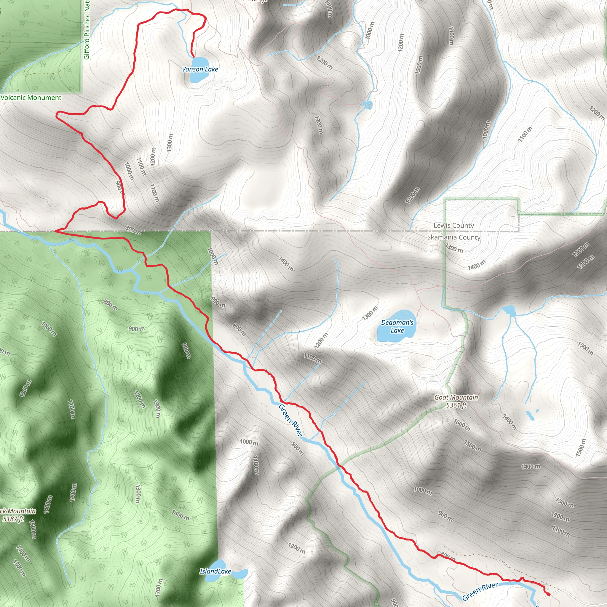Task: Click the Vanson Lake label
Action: [x=200, y=69]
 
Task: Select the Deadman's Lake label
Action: [x=397, y=326]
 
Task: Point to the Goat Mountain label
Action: [x=456, y=397]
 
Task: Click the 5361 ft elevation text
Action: [x=456, y=405]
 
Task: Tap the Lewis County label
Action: [x=453, y=225]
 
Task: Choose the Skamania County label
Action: [x=453, y=237]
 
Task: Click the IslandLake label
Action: [x=215, y=571]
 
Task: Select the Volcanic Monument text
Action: [x=31, y=98]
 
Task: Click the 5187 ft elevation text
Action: [x=13, y=519]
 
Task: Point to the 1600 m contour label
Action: [x=461, y=425]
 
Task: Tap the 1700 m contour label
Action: [x=159, y=587]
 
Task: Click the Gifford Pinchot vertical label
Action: [x=87, y=30]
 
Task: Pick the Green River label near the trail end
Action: [x=480, y=591]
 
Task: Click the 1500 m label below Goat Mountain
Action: [x=472, y=446]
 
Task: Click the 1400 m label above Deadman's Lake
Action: [x=286, y=263]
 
